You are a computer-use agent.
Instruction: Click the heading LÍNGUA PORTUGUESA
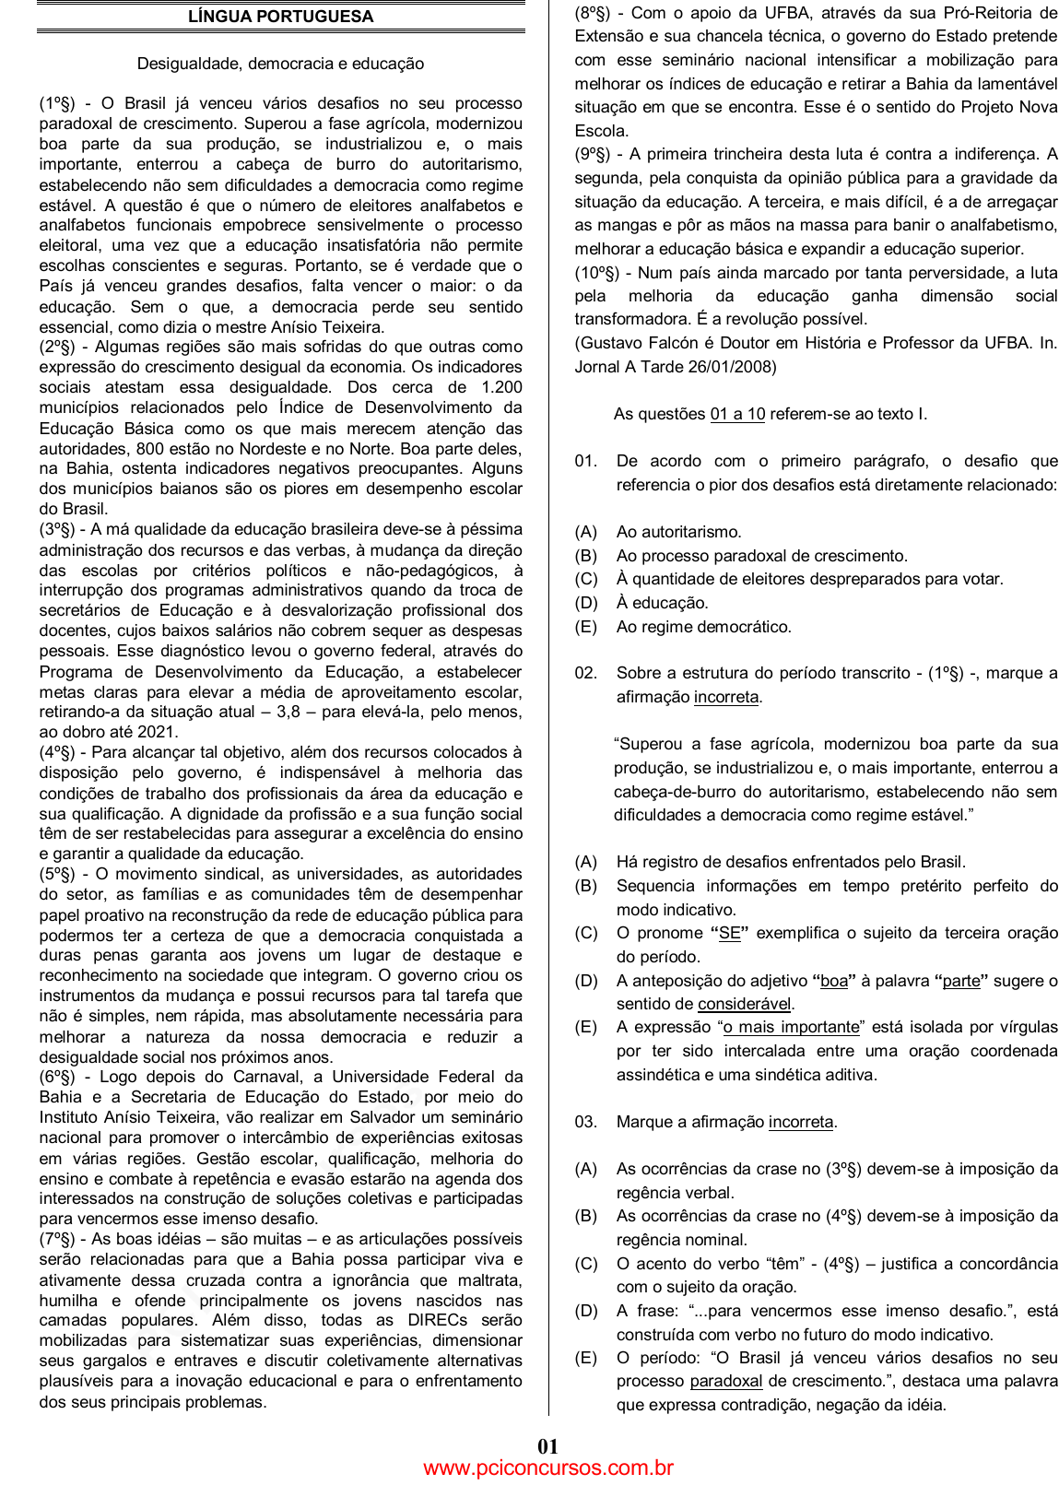point(280,17)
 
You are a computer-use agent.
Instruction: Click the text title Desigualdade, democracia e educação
point(280,64)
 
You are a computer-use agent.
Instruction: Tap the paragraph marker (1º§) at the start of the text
point(57,103)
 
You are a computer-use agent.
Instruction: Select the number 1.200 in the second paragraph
point(501,387)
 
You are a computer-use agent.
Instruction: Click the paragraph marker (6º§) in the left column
point(57,1077)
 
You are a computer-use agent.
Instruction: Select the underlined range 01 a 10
point(737,414)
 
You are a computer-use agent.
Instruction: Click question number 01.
point(585,461)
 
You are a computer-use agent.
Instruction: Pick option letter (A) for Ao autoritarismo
point(586,532)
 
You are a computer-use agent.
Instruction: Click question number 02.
point(585,673)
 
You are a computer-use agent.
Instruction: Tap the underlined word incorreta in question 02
point(726,697)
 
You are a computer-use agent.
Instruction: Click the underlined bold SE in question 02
point(730,933)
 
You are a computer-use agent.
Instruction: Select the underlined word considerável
point(745,1004)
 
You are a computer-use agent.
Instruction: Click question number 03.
point(585,1122)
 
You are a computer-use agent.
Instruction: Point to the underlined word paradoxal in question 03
point(726,1381)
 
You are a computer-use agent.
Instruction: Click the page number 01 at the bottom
point(548,1446)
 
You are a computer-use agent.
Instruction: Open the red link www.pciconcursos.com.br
point(548,1468)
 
